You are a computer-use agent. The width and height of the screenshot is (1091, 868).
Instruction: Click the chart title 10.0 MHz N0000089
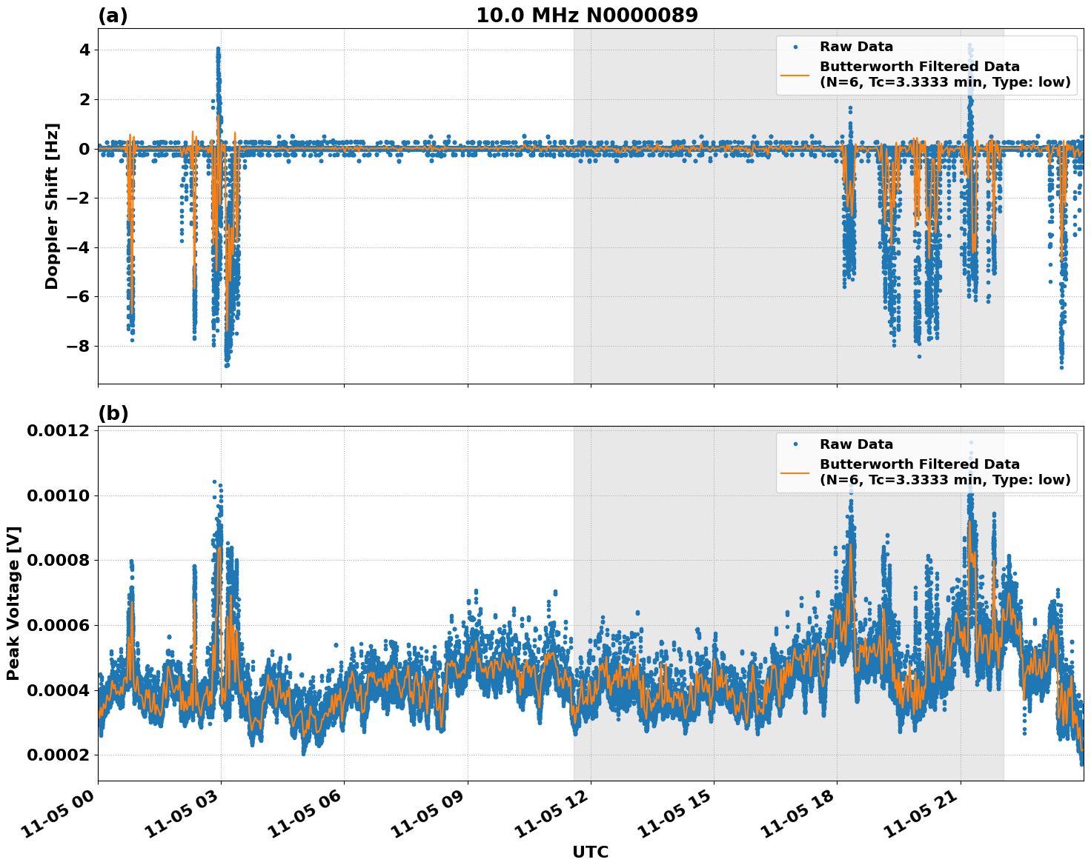[x=586, y=16]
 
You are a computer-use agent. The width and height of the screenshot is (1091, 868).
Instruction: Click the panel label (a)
[x=113, y=16]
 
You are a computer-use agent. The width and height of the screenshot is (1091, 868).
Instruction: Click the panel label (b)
[x=113, y=414]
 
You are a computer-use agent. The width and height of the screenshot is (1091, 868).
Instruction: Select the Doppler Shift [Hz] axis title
[x=52, y=206]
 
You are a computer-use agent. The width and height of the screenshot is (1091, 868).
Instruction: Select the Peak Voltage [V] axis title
[x=13, y=603]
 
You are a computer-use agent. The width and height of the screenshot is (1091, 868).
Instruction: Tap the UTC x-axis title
[x=590, y=852]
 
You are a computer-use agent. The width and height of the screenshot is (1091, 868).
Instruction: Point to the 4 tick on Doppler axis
[x=84, y=50]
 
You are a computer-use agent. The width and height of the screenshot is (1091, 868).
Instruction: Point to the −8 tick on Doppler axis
[x=79, y=347]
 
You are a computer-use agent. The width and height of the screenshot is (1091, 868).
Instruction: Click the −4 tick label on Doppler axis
[x=79, y=248]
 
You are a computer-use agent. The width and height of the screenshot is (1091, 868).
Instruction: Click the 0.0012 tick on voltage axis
[x=58, y=431]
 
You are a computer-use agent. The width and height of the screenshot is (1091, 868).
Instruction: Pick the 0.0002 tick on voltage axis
[x=58, y=755]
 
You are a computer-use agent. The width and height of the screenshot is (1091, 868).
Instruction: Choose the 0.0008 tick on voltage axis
[x=58, y=561]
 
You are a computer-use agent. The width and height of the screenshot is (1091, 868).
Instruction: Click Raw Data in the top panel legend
[x=856, y=47]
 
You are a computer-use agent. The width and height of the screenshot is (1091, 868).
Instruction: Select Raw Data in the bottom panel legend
[x=856, y=444]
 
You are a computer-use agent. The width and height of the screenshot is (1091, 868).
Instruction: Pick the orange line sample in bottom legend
[x=795, y=472]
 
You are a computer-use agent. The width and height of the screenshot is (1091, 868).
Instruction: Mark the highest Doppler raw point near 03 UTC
[x=218, y=49]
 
